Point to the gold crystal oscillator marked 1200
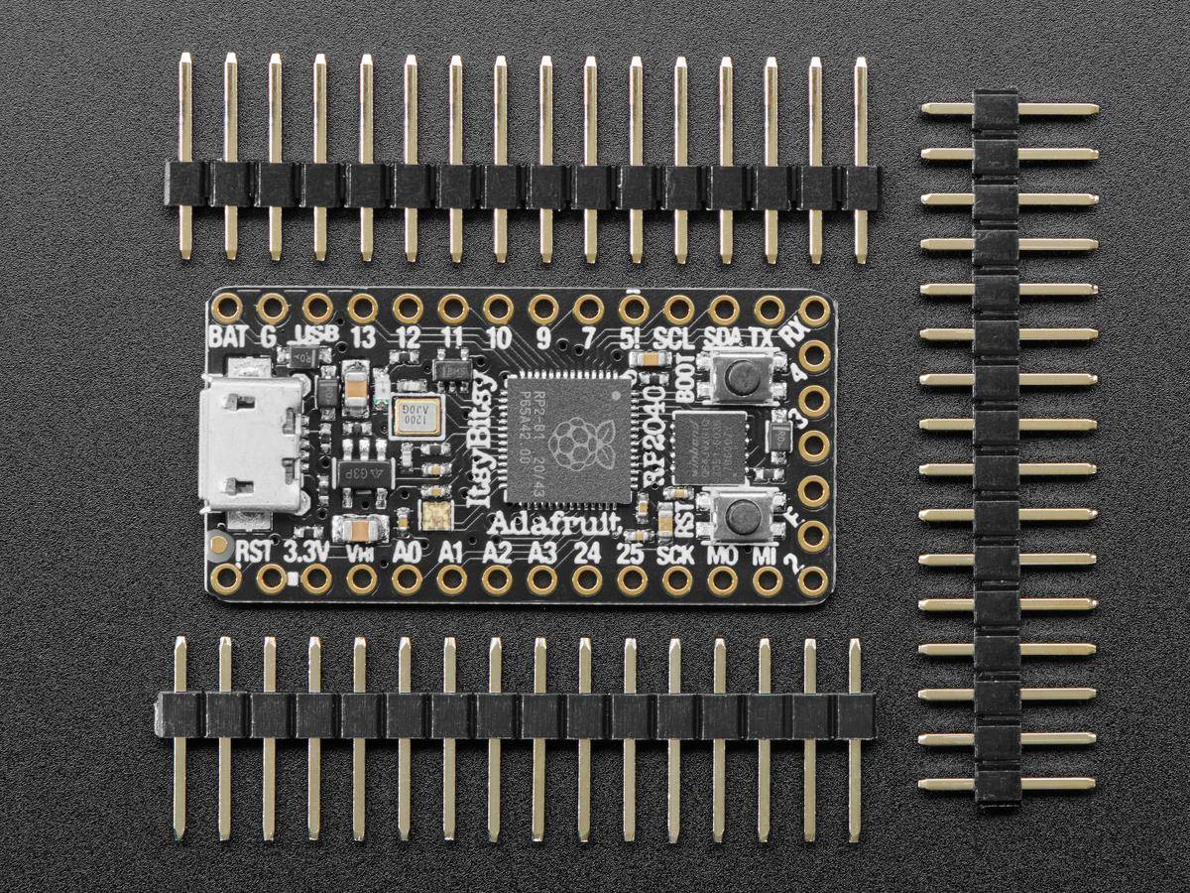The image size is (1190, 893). pyautogui.click(x=409, y=417)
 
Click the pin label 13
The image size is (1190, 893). pyautogui.click(x=362, y=337)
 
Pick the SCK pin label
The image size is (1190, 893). pyautogui.click(x=675, y=553)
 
